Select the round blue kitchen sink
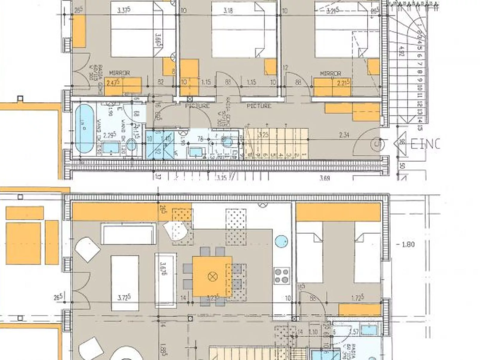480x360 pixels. point(281,241)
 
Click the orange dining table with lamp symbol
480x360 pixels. point(212,276)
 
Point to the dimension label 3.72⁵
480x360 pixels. point(124,298)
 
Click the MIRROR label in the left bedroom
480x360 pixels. point(119,73)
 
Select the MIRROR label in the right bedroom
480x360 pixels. point(330,73)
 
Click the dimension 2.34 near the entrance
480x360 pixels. point(344,135)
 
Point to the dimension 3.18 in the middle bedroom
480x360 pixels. point(228,11)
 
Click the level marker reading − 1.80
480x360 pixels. point(406,244)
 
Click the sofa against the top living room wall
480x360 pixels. point(129,234)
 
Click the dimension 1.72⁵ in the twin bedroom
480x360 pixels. point(357,298)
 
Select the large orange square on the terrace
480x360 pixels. point(23,243)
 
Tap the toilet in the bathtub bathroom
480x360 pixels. point(131,145)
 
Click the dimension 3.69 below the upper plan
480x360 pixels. point(325,178)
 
